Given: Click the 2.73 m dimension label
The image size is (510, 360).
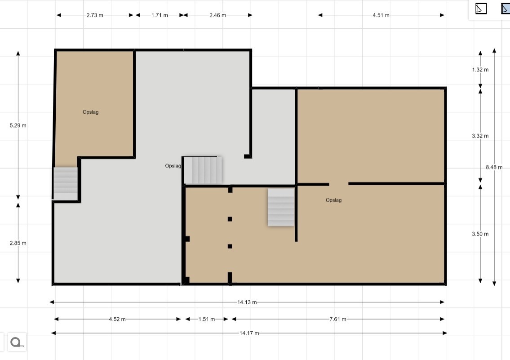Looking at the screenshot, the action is tap(95, 15).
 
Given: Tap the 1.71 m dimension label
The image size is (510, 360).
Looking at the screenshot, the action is tap(160, 15).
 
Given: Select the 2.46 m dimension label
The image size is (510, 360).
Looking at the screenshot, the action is tap(217, 15).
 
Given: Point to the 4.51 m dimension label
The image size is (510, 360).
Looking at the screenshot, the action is tap(381, 15).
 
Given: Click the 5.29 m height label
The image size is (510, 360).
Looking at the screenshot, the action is tap(18, 125).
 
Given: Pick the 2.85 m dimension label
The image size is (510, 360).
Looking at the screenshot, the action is tap(18, 243).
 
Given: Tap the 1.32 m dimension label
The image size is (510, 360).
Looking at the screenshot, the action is tap(480, 70).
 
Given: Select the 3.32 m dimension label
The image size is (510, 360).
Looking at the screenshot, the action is tap(480, 136).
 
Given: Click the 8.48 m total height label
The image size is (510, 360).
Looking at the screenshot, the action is tap(494, 167).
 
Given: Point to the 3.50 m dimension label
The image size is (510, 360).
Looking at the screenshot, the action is tap(480, 234).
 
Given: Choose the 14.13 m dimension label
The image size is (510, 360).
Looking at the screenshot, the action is tap(247, 302).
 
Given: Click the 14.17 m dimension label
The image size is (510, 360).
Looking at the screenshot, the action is tap(249, 333).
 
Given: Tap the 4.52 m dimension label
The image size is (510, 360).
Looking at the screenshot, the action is tap(117, 320).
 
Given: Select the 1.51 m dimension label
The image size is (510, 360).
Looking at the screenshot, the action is tap(207, 320).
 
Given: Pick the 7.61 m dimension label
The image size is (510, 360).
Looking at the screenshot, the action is tap(338, 320).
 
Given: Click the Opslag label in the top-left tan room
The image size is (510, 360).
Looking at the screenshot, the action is tap(90, 112).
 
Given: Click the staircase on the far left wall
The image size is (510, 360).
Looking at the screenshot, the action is tap(65, 180).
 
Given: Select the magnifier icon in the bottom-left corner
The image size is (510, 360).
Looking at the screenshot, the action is tap(17, 342).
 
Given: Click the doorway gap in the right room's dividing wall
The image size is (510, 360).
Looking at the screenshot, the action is tap(339, 184).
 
